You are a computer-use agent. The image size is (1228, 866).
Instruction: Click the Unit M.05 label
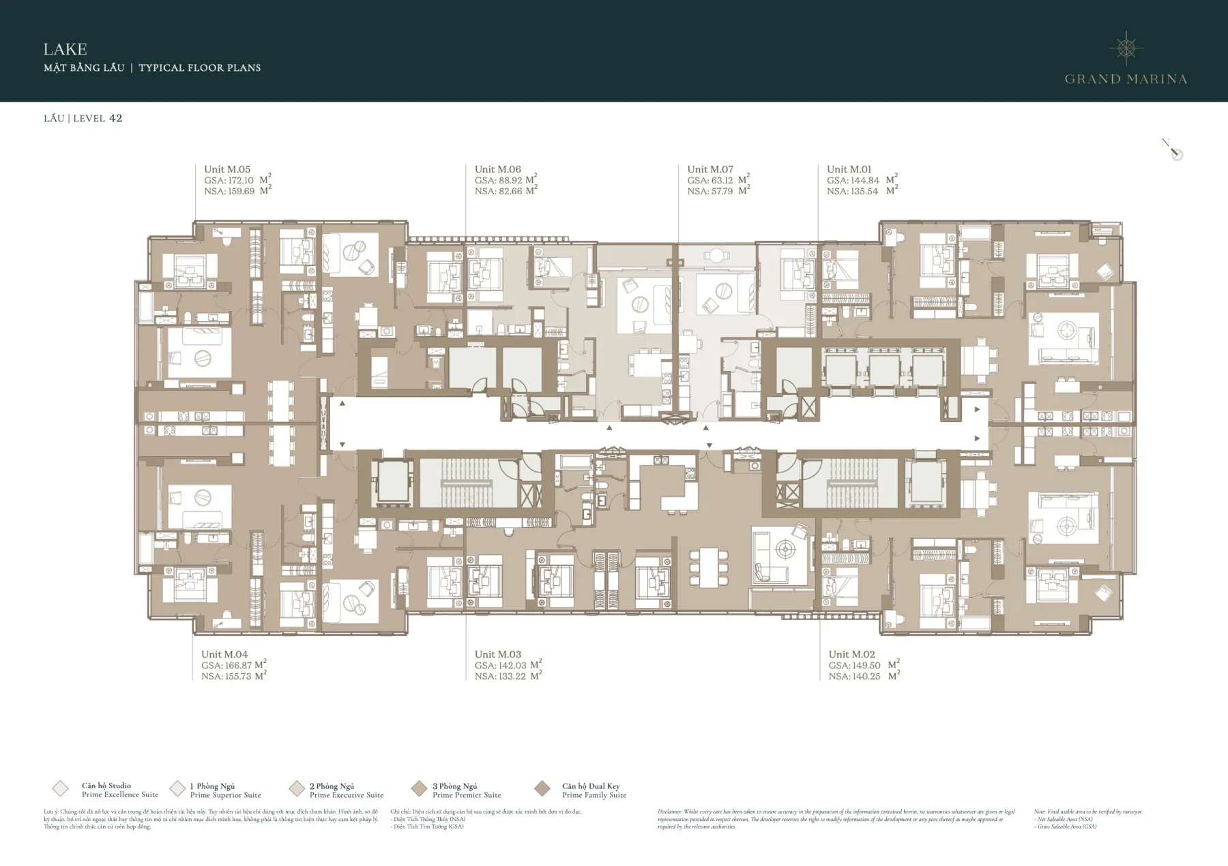click(227, 169)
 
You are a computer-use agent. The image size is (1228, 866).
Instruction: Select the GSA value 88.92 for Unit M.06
click(512, 181)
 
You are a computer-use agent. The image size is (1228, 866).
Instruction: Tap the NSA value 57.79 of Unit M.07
click(722, 192)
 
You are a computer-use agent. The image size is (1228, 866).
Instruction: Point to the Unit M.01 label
click(849, 169)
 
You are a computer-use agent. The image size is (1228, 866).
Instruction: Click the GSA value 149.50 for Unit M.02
click(864, 666)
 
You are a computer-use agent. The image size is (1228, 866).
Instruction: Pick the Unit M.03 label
click(497, 655)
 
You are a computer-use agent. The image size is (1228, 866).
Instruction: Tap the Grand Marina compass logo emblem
click(1126, 48)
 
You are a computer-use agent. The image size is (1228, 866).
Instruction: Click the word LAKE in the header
click(65, 49)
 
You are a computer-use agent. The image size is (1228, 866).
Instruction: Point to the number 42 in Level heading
click(115, 118)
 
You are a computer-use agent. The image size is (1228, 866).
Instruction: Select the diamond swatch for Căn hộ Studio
click(60, 789)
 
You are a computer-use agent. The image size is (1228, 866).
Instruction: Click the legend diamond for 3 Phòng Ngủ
click(419, 789)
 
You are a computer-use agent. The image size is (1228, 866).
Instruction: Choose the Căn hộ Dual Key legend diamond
click(542, 789)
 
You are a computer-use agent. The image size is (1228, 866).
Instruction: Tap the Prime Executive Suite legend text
click(347, 795)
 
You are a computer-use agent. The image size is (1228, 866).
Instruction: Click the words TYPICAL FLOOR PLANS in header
click(200, 68)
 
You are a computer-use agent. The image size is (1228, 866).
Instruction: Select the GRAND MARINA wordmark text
click(1126, 79)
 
